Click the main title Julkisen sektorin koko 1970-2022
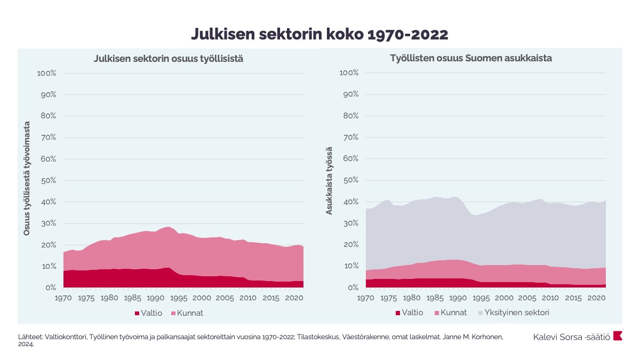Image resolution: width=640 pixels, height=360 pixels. coord(319,34)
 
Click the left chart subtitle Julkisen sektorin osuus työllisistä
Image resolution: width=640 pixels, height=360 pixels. coord(169,59)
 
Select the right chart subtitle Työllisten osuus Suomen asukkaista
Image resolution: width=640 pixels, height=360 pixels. coord(471,58)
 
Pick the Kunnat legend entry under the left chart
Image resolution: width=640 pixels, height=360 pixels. coord(186,313)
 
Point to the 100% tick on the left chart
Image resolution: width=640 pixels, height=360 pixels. coord(47,73)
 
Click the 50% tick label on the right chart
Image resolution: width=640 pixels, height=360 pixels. coord(349,181)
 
